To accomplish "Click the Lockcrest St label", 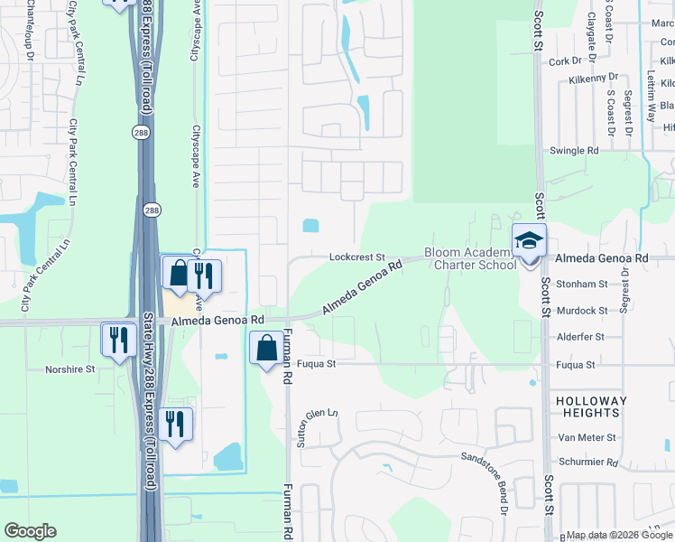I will click(357, 257).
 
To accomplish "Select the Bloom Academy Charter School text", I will click(470, 259).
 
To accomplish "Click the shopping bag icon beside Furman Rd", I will click(267, 348).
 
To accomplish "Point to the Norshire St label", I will click(70, 369).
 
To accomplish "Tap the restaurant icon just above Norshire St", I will click(118, 340).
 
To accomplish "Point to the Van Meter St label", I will click(587, 437).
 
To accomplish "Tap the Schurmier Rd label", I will click(587, 463).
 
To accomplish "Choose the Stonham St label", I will click(582, 284).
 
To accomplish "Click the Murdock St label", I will click(582, 310).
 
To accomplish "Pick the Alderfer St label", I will click(581, 336).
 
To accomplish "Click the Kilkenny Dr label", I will click(593, 79).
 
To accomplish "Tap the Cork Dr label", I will click(566, 61).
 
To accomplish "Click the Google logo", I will click(30, 531).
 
